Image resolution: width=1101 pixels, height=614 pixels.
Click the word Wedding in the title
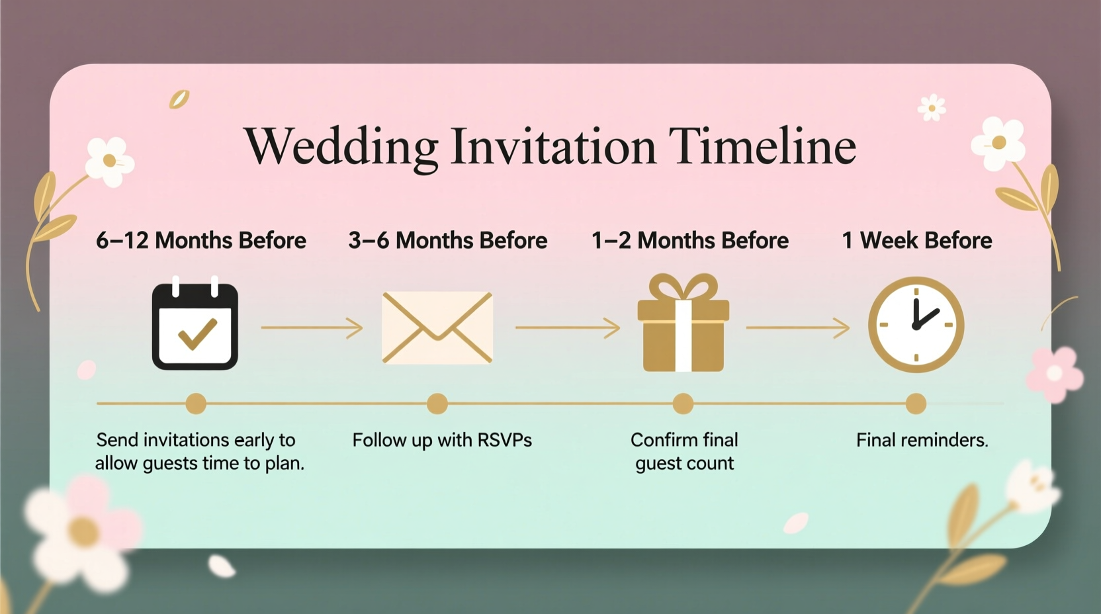(341, 147)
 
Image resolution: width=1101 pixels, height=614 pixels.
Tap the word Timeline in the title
(762, 146)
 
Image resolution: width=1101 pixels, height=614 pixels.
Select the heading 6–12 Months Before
(201, 240)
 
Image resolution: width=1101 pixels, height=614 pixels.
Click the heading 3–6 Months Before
(448, 240)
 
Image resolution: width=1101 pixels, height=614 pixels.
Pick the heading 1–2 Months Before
(690, 240)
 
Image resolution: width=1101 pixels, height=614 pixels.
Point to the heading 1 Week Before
(916, 240)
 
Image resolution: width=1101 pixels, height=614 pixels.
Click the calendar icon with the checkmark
(195, 326)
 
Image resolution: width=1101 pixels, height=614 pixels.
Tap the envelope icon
(437, 328)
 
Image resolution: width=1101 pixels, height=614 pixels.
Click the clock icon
(916, 324)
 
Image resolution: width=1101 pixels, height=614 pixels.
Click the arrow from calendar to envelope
(312, 328)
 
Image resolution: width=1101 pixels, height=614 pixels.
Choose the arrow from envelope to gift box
(567, 327)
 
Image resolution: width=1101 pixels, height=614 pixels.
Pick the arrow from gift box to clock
(797, 327)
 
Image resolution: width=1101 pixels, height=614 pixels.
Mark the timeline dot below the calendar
(196, 404)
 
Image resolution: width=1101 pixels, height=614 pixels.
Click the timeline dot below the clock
(916, 404)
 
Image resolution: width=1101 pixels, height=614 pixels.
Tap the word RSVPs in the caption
(504, 440)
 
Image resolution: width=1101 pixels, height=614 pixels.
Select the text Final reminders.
(922, 440)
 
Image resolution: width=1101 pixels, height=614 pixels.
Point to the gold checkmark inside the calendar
(197, 333)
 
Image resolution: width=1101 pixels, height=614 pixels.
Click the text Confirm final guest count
(684, 451)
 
